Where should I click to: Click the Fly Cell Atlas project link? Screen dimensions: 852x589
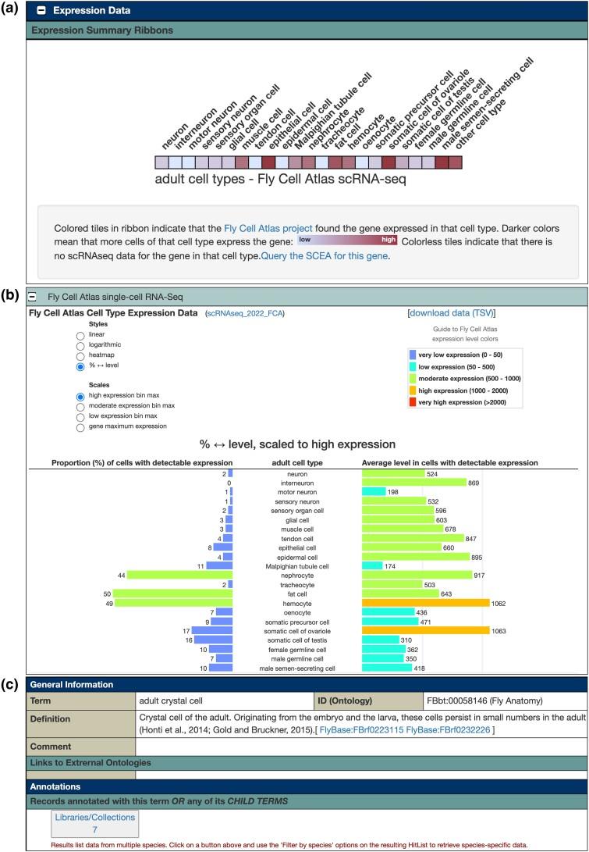click(264, 228)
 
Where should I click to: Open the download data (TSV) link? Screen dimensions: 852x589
click(452, 314)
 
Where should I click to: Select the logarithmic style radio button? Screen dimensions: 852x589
click(80, 344)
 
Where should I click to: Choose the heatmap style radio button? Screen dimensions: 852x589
click(80, 355)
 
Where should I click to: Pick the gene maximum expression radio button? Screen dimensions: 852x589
click(80, 427)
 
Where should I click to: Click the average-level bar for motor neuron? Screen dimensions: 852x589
click(374, 492)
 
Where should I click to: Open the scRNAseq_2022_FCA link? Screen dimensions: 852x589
click(245, 314)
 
